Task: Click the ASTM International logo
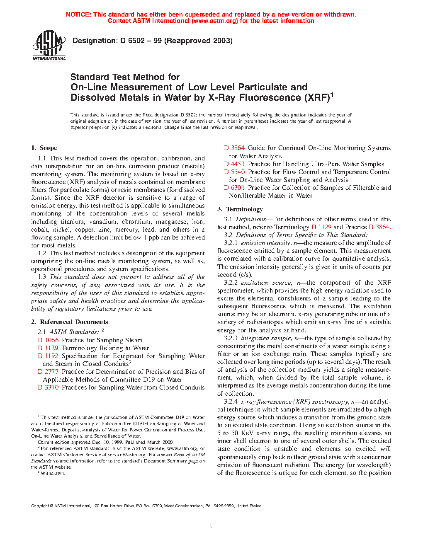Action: tap(49, 46)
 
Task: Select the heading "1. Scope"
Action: tap(44, 148)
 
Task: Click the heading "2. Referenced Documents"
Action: tap(70, 322)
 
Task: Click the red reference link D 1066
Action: tap(48, 340)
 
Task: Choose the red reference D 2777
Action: tap(48, 372)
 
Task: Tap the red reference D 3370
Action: tap(48, 387)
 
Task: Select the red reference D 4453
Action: tap(234, 164)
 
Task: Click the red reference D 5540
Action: tap(234, 172)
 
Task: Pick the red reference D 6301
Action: tap(234, 188)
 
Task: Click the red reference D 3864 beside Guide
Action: tap(234, 148)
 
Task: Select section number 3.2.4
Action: tap(231, 402)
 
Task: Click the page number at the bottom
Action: tap(211, 526)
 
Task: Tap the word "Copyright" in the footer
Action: tap(40, 506)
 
